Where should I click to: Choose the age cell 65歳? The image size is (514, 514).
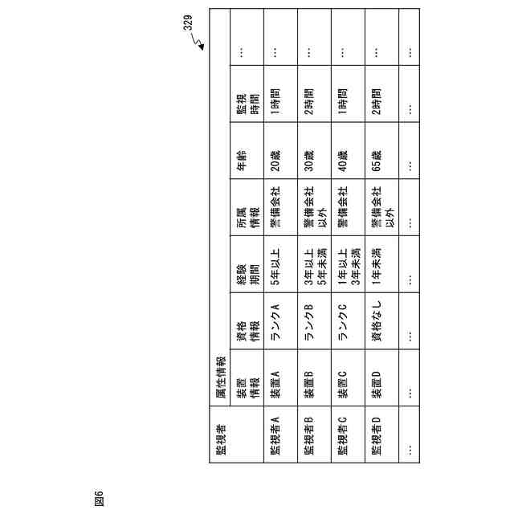(377, 153)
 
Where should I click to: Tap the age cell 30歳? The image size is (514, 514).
(309, 153)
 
